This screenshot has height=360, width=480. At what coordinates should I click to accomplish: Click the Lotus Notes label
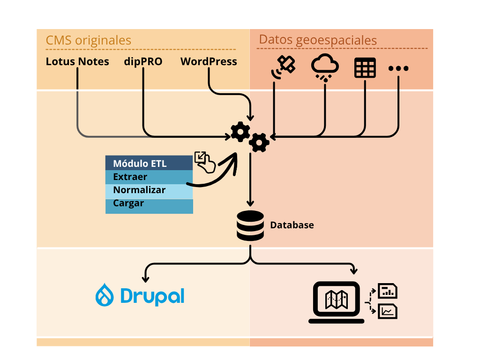point(77,61)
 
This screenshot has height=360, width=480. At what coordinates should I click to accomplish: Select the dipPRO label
point(143,61)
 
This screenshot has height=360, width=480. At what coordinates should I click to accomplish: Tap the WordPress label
point(209,61)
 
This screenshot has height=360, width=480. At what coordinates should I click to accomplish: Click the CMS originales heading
point(88,40)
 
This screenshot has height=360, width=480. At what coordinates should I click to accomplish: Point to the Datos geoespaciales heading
point(318,40)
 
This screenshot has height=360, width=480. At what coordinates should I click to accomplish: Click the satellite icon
point(284,67)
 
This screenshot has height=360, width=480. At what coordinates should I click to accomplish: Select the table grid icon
point(365,68)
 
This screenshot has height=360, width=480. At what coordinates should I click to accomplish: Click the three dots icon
point(398,68)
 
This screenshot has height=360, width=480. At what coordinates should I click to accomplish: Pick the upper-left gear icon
point(240,132)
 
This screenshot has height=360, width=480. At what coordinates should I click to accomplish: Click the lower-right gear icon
point(259,142)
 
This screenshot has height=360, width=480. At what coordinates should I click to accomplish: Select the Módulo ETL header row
point(149,164)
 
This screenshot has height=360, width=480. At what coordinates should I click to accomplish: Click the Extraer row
point(149,177)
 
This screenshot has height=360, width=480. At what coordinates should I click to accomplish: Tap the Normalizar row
point(149,190)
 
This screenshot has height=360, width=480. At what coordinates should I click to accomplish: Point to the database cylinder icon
point(250,226)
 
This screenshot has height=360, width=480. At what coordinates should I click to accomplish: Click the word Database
point(292,225)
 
